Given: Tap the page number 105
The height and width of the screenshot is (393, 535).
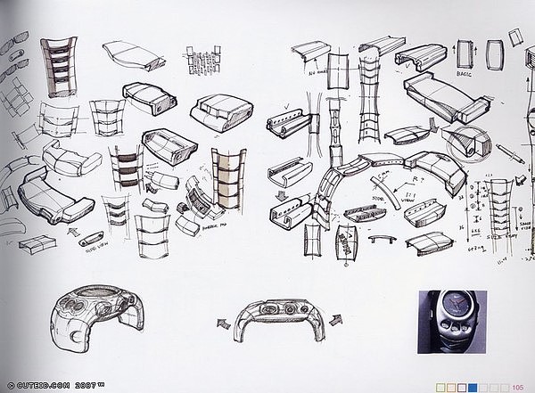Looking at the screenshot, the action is point(517,386).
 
